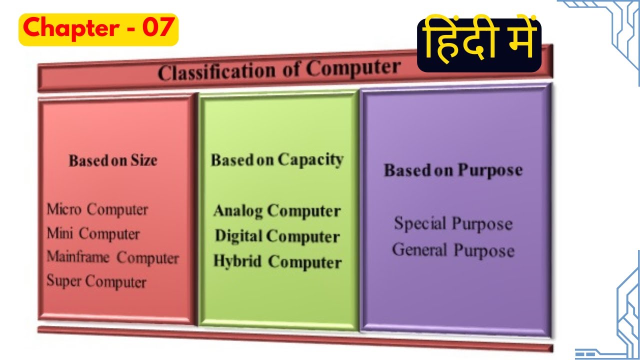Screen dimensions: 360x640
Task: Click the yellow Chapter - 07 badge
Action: (x=98, y=29)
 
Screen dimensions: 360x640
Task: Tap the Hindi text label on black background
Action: (x=479, y=45)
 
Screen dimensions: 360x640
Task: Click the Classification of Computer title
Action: (x=279, y=70)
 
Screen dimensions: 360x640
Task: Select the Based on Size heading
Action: (x=112, y=160)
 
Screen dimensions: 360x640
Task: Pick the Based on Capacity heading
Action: (x=277, y=160)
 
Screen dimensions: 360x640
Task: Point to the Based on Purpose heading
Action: (x=453, y=170)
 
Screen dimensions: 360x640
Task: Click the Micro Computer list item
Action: (x=97, y=209)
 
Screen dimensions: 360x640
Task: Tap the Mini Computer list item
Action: (x=93, y=233)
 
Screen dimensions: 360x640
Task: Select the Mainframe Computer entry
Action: (x=112, y=258)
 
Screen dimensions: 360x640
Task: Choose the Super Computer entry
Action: (x=96, y=281)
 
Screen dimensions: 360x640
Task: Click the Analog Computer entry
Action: (x=276, y=211)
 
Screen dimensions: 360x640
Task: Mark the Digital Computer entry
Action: (x=277, y=236)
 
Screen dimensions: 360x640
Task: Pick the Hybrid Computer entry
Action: (x=277, y=262)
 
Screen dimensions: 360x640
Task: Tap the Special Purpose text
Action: (x=453, y=223)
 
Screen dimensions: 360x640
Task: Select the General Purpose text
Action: (x=453, y=249)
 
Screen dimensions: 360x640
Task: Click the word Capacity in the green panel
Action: (x=310, y=160)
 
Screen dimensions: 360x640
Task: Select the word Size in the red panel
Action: (x=144, y=160)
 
